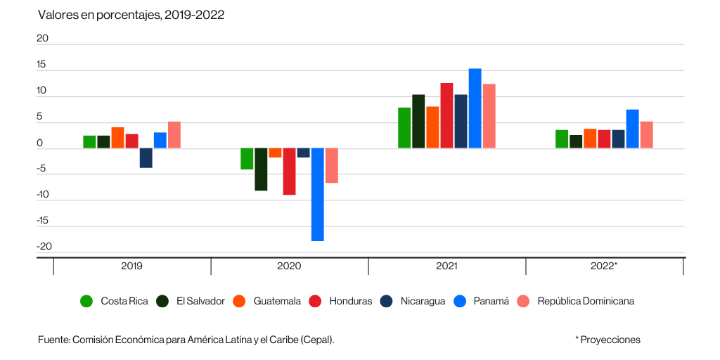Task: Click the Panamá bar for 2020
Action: [x=317, y=194]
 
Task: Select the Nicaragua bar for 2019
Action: [x=146, y=157]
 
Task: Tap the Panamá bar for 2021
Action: [x=475, y=108]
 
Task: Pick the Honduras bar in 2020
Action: [x=289, y=171]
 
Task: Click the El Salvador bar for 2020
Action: [x=261, y=169]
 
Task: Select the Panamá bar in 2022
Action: [x=632, y=129]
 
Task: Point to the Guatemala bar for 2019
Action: [x=117, y=138]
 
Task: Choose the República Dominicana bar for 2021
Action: [x=489, y=116]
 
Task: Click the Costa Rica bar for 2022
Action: [x=562, y=139]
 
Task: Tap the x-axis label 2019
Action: [x=131, y=266]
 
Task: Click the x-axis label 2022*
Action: [x=605, y=266]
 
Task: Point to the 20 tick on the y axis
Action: [x=43, y=39]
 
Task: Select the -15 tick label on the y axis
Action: [x=43, y=221]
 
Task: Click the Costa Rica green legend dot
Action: [x=86, y=301]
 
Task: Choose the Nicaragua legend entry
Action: [x=423, y=301]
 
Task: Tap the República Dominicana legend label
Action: [x=585, y=301]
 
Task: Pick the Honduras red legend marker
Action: [x=315, y=301]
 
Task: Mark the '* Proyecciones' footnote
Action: [x=607, y=340]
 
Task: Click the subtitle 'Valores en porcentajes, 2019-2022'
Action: [x=131, y=15]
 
